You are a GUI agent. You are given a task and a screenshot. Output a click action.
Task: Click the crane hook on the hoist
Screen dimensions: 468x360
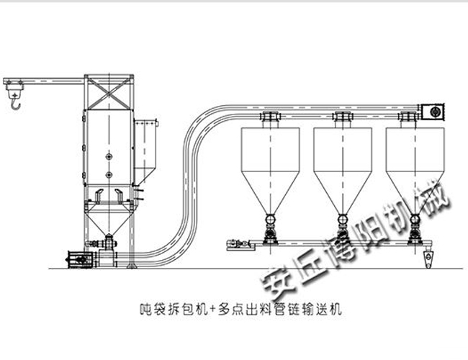point(15,104)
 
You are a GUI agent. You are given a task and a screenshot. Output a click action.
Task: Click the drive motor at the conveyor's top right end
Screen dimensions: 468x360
point(432,112)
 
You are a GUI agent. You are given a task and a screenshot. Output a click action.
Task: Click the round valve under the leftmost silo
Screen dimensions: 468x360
point(271,220)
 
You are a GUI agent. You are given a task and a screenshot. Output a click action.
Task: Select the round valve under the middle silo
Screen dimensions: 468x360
point(343,220)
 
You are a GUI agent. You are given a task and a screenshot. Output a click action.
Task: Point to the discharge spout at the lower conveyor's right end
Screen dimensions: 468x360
point(428,258)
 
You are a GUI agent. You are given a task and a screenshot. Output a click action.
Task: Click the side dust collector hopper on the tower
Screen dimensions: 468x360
point(145,151)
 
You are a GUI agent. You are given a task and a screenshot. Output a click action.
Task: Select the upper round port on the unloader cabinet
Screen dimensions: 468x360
point(109,156)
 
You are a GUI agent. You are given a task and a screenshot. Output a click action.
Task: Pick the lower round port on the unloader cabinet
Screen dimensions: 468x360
point(109,175)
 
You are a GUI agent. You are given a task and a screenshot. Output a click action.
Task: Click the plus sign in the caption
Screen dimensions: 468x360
point(212,309)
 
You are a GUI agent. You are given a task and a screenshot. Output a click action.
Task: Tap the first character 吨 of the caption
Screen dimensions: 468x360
point(145,310)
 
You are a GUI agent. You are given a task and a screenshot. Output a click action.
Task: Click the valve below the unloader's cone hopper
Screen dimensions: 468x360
point(109,243)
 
